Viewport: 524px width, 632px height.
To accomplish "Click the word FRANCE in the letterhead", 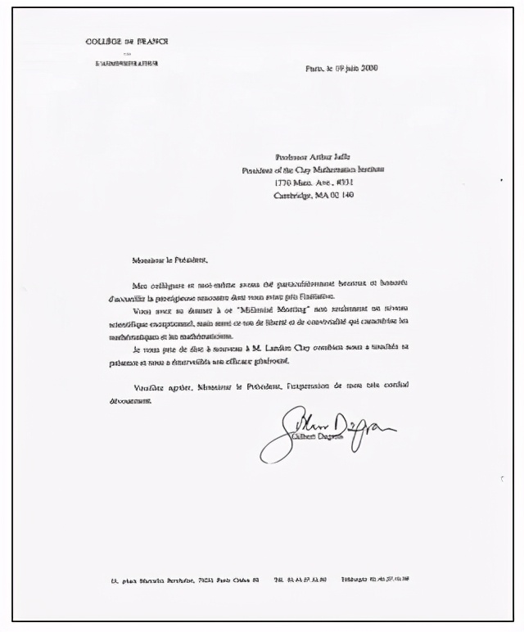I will (152, 42).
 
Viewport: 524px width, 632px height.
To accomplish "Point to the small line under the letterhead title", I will (126, 53).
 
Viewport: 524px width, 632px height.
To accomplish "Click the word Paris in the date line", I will (314, 68).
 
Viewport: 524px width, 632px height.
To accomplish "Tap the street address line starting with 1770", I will (314, 182).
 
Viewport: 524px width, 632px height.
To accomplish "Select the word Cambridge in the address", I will (292, 195).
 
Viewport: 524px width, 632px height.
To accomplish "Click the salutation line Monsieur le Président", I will (169, 260).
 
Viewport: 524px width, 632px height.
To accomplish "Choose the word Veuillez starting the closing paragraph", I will (147, 386).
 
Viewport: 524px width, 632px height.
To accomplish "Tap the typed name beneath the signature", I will (314, 438).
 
